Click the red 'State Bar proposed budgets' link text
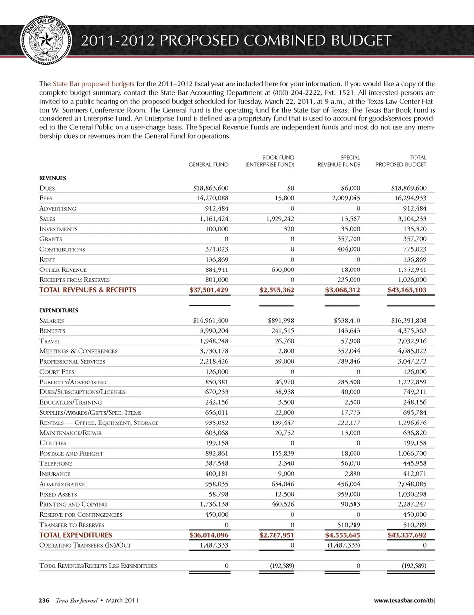coord(93,84)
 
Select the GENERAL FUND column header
coord(208,165)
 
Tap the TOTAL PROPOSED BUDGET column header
coord(400,161)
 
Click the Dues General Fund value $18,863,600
coord(210,188)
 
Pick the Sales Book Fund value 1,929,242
coord(280,219)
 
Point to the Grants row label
coord(51,239)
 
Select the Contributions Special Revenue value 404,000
coord(349,249)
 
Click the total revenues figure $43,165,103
coord(407,290)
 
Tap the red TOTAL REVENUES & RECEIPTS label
coord(88,290)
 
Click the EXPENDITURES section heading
coord(59,310)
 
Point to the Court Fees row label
coord(57,372)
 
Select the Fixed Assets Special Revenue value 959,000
coord(349,494)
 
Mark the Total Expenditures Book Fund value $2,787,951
coord(276,535)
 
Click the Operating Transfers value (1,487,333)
coord(344,545)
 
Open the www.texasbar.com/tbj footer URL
coord(404,600)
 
